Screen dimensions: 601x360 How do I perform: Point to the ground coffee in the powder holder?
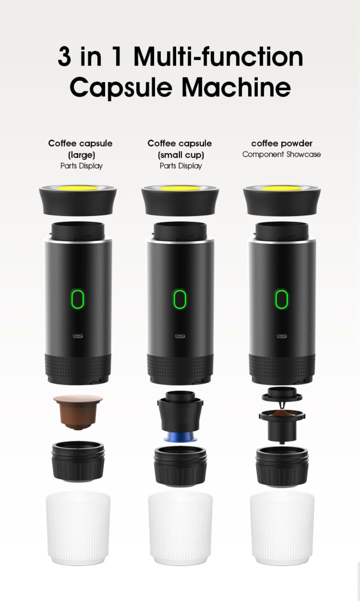282,414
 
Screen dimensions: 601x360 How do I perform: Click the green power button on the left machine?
77,299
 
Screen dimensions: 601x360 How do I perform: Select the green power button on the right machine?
282,299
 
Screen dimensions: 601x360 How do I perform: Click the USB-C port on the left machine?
77,336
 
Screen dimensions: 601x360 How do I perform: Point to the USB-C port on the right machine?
282,336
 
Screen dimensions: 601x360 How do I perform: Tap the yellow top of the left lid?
78,188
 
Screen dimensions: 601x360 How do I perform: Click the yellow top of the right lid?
282,188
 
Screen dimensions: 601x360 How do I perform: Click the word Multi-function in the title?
218,57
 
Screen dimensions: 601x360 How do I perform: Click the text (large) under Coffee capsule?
81,155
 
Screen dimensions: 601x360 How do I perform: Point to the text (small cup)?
181,155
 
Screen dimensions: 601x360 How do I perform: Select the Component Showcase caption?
282,154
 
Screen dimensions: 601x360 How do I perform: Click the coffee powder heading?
282,143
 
